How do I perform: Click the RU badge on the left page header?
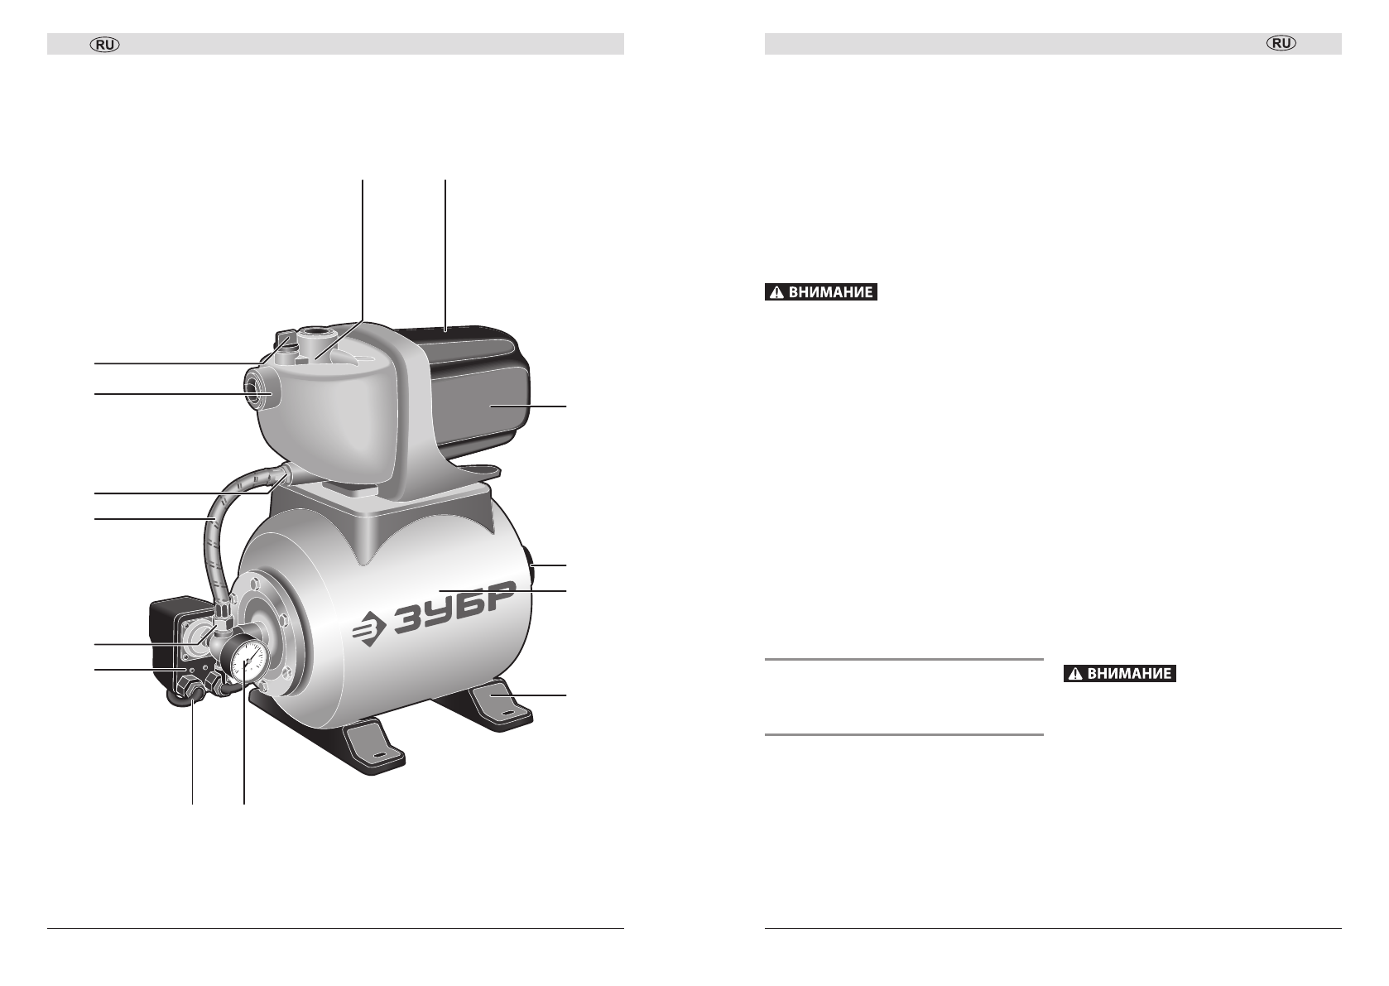point(105,45)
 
